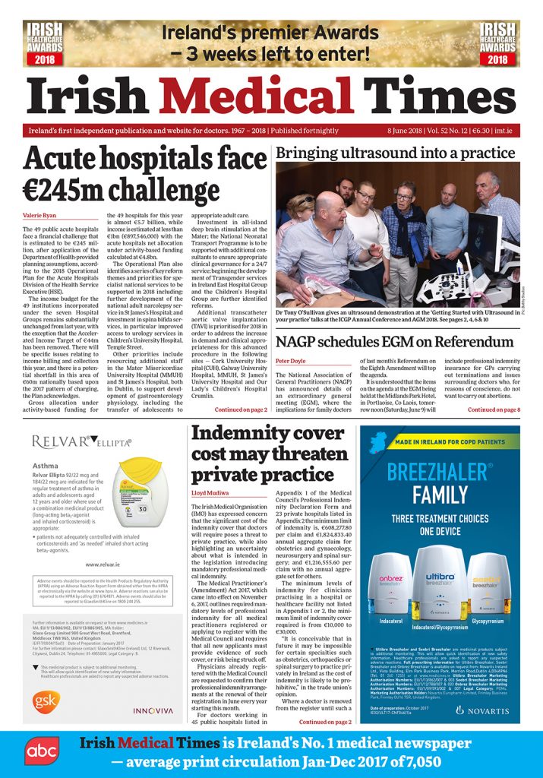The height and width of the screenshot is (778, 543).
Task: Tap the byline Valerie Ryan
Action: [39, 215]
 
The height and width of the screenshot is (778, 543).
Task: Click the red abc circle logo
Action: [36, 750]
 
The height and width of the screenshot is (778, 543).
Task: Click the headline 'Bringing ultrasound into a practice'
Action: [395, 153]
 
